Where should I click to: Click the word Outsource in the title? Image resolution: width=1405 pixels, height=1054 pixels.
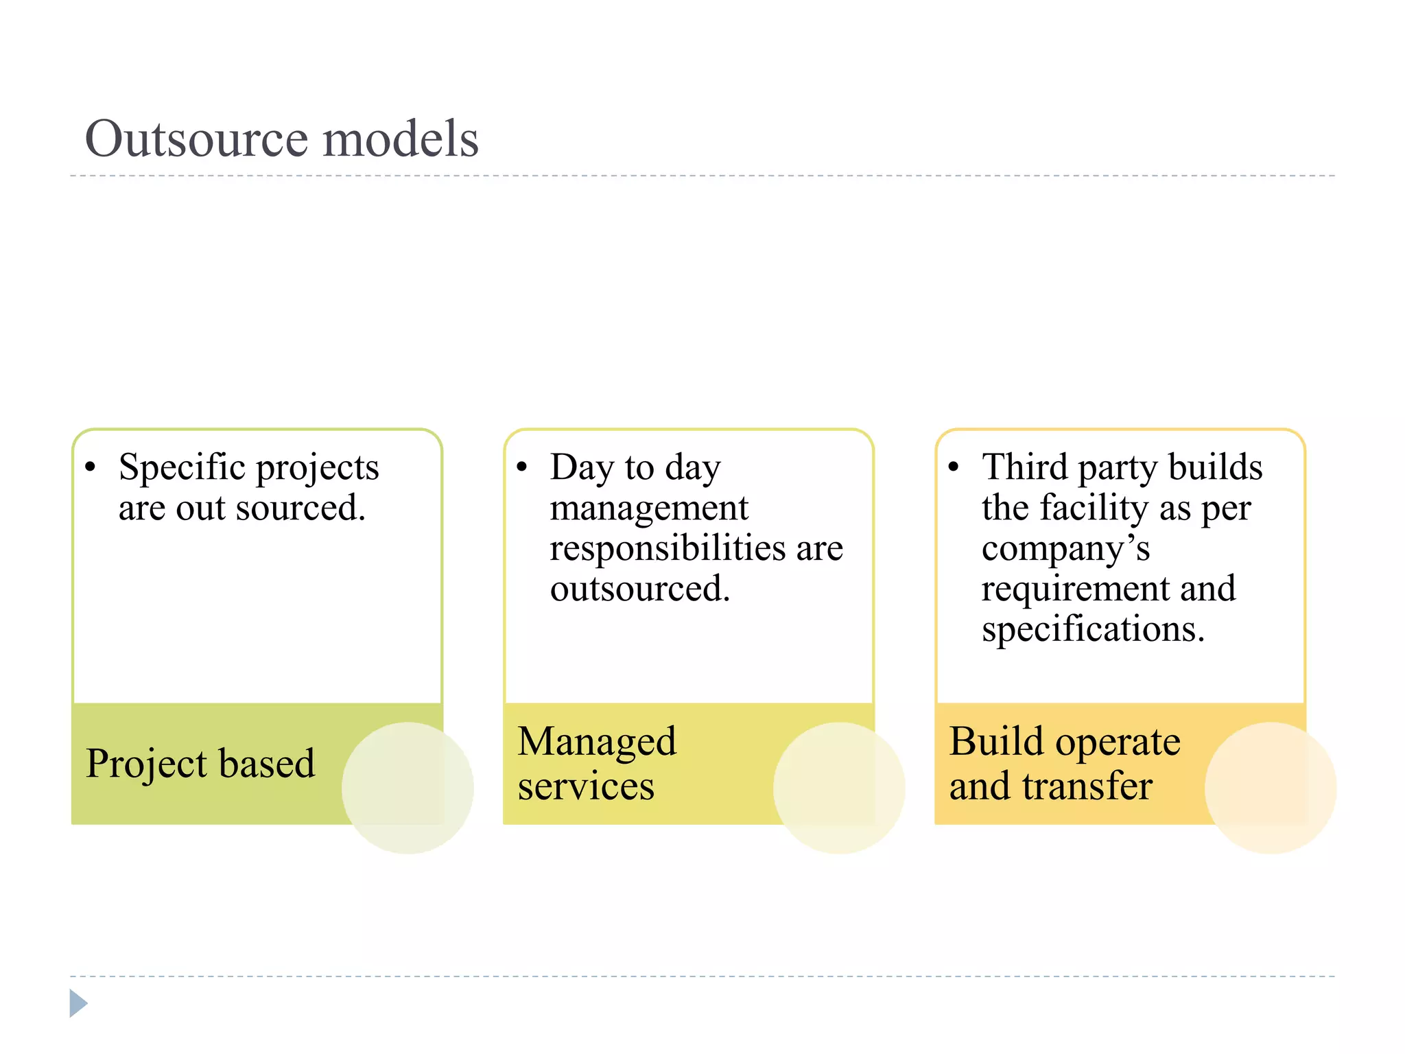[x=196, y=139]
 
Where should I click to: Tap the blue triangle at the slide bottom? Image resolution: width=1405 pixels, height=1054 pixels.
[x=78, y=1003]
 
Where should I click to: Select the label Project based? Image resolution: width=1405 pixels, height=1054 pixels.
[x=200, y=764]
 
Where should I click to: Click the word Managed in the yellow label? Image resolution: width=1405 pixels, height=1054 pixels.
[x=597, y=742]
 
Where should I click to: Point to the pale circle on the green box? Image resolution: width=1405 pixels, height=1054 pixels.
[x=408, y=788]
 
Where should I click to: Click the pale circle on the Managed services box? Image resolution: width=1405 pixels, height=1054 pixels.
[x=838, y=788]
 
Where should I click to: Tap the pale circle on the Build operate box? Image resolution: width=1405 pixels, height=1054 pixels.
[x=1270, y=788]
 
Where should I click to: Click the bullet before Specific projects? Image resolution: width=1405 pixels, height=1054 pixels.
[x=90, y=467]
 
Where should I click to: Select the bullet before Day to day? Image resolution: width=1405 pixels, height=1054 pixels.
[x=521, y=467]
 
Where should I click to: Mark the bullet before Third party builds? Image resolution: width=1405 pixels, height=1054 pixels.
[x=953, y=467]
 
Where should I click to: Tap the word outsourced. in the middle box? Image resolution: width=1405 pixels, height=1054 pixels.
[x=640, y=589]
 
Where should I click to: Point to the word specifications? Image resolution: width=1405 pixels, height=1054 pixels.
[x=1093, y=630]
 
